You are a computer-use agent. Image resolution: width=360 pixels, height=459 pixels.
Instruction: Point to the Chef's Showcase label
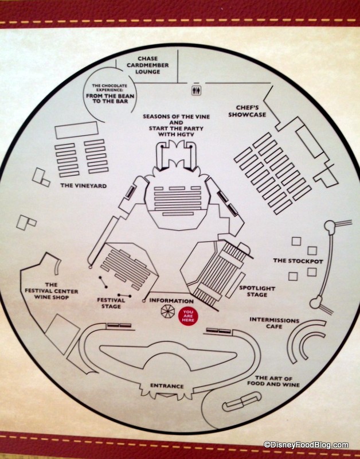(x=251, y=111)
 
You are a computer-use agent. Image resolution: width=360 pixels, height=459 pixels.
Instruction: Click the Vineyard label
(x=82, y=186)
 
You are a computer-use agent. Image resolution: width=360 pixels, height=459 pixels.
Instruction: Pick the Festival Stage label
(x=108, y=302)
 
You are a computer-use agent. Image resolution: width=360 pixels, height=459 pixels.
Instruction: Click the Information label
(x=171, y=301)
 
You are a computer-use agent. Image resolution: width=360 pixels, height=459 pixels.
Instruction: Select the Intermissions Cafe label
(x=274, y=323)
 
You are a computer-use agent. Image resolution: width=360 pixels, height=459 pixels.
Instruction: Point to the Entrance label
(x=166, y=386)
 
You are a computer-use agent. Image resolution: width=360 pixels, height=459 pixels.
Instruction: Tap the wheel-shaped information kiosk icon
(x=167, y=311)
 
